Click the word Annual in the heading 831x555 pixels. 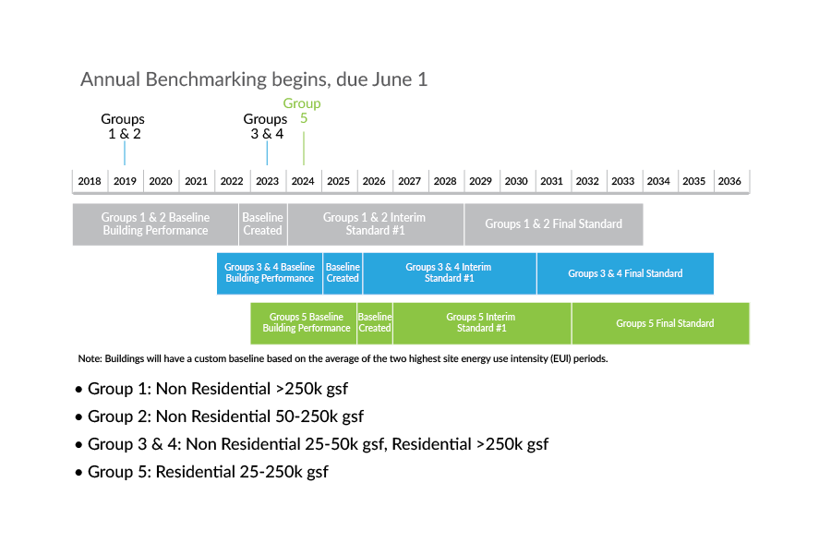(110, 79)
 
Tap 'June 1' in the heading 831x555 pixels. (400, 79)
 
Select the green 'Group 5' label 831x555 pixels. (302, 110)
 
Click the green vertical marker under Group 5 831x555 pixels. (304, 148)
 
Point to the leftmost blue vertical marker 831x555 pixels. (125, 152)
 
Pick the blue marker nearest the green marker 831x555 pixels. (267, 152)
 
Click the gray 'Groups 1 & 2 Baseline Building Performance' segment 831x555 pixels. (155, 224)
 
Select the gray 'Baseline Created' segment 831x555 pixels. (263, 224)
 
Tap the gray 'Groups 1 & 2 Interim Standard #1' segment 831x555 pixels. (375, 224)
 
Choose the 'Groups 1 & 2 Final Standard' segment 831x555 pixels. (553, 224)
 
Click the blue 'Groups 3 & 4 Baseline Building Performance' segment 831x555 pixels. (270, 273)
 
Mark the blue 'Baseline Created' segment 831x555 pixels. (343, 273)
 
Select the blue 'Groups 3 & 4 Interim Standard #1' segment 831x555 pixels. (449, 273)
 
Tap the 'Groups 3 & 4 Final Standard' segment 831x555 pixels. (625, 273)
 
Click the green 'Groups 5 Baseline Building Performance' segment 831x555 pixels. (304, 323)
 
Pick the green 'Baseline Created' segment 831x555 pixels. (375, 323)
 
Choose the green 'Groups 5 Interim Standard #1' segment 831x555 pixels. (482, 323)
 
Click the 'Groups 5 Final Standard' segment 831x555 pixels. (661, 323)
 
